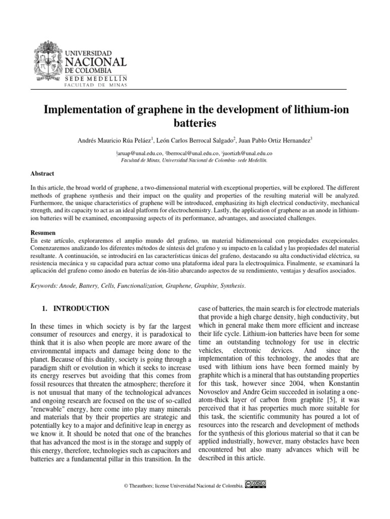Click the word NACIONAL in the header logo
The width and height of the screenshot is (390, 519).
(x=96, y=62)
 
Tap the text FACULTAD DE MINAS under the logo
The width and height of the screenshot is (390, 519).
(x=95, y=85)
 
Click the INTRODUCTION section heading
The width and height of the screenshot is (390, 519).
(x=81, y=308)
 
